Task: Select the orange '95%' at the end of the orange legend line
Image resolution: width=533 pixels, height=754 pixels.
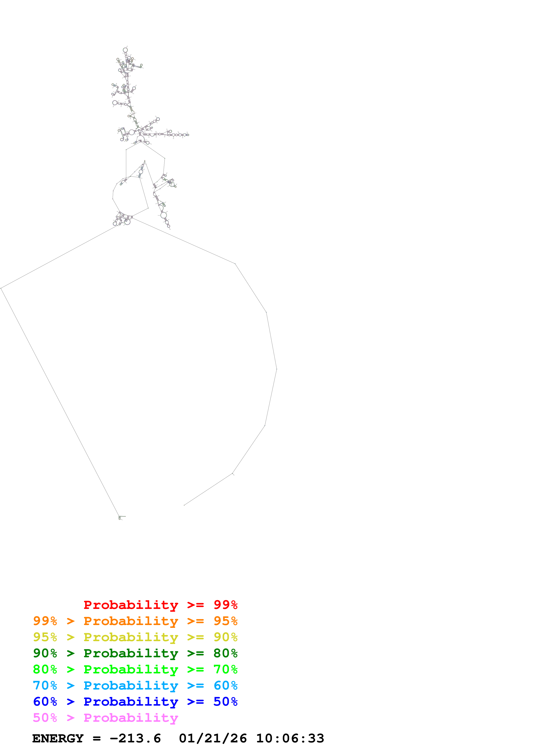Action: (x=225, y=621)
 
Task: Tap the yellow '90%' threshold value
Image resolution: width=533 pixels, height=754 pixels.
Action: (x=225, y=637)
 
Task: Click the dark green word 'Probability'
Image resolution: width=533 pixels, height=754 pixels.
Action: (x=131, y=653)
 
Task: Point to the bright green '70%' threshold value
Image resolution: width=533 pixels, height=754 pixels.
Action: (x=225, y=669)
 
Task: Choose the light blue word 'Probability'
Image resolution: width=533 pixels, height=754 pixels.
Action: (x=131, y=685)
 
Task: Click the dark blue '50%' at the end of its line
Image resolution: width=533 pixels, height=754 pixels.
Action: (x=225, y=702)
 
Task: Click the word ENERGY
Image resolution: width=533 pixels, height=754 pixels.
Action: (x=58, y=739)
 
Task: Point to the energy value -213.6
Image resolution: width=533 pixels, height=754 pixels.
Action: (x=135, y=739)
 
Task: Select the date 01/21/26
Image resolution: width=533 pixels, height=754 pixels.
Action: (x=213, y=739)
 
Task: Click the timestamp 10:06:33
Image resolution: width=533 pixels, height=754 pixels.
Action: (x=290, y=739)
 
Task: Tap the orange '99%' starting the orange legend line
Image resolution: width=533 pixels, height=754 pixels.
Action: (x=45, y=621)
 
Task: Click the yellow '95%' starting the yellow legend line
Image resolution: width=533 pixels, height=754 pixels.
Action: (x=45, y=637)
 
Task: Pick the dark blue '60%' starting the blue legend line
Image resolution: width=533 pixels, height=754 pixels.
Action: (x=45, y=702)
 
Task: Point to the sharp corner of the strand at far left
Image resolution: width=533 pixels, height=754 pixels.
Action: (x=1, y=288)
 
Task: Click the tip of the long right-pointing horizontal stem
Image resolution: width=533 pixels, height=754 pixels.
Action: (x=188, y=135)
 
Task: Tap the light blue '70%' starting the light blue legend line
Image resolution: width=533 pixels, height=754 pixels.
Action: (x=45, y=685)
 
